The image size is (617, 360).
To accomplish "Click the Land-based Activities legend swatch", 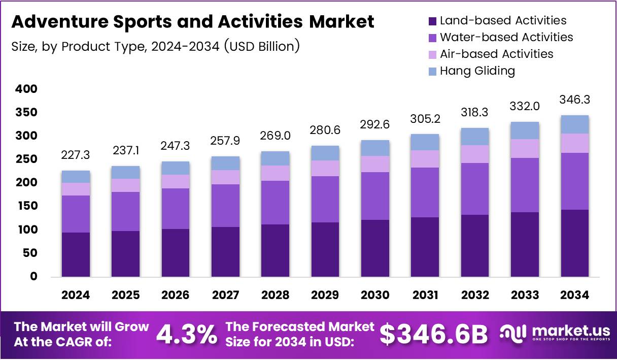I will [433, 21].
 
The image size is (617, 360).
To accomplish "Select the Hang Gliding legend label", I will [477, 71].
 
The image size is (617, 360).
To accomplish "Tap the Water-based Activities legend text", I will [506, 38].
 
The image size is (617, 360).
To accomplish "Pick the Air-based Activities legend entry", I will [496, 54].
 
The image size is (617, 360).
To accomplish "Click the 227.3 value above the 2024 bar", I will [76, 154].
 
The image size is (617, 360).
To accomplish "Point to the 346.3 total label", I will [575, 100].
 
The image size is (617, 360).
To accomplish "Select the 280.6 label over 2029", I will [325, 130].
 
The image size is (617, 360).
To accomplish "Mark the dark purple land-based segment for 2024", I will [76, 254].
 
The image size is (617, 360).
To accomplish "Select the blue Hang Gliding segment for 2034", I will [575, 124].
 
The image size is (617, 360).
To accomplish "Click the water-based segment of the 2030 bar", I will [375, 195].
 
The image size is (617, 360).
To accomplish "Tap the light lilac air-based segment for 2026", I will [176, 181].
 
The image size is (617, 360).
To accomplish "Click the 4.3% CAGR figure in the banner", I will [186, 334].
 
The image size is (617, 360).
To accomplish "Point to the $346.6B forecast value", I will [433, 334].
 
